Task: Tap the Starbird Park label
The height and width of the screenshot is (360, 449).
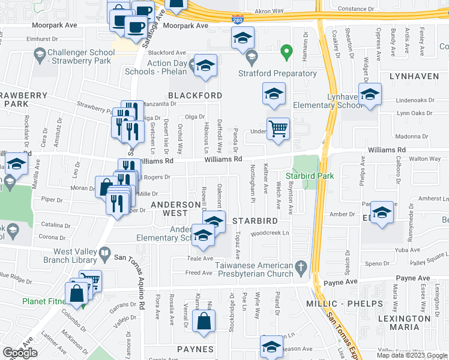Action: tap(309, 176)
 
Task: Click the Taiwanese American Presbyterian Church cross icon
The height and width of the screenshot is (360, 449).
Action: tap(303, 266)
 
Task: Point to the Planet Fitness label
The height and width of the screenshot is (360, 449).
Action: tap(43, 301)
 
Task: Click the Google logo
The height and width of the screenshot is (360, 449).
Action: tap(20, 353)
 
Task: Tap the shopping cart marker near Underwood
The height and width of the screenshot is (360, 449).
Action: tap(278, 128)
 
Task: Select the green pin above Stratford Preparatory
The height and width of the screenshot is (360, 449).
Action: tap(287, 53)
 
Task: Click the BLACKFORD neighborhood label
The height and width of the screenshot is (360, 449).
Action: tap(187, 95)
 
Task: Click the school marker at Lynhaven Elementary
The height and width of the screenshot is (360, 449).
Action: tap(370, 95)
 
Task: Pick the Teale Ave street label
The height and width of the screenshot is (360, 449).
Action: tap(201, 259)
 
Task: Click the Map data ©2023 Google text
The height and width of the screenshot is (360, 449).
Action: tap(412, 355)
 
